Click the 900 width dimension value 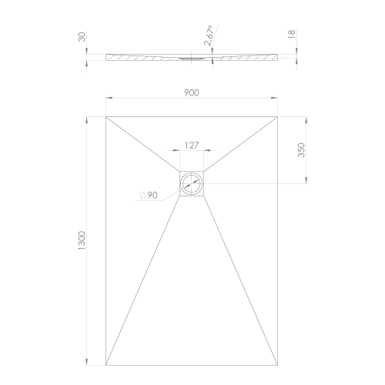point(192,92)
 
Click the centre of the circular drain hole point(192,183)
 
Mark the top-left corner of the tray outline point(105,115)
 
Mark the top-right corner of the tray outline point(279,115)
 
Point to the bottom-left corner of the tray point(105,365)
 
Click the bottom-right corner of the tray point(279,365)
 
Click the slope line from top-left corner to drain point(143,144)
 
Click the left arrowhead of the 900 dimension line point(109,99)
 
